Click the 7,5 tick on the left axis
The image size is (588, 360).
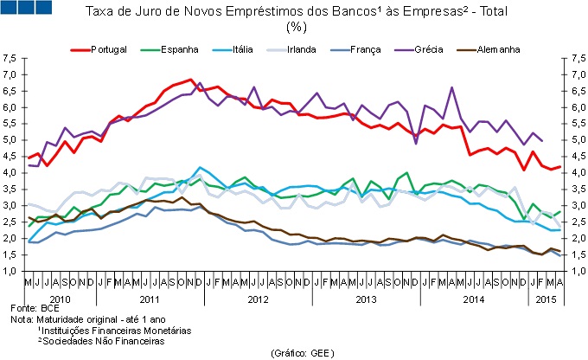click(x=10, y=59)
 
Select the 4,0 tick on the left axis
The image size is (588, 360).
click(x=10, y=173)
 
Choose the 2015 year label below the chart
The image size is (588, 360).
click(x=545, y=297)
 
